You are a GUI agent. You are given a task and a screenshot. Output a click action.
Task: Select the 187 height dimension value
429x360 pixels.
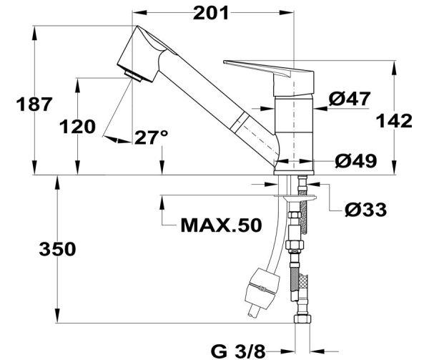tap(35, 104)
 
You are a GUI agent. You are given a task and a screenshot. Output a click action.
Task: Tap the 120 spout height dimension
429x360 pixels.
tap(77, 127)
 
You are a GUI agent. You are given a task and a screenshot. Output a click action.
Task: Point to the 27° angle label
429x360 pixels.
tap(151, 137)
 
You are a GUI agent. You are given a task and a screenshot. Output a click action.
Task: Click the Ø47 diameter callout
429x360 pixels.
tap(350, 99)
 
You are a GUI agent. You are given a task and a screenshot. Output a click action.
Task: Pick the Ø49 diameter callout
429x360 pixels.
tap(355, 161)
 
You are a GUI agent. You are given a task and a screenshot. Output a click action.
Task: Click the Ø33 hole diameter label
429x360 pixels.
tap(365, 210)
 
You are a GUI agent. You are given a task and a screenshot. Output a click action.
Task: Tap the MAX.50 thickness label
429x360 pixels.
tap(220, 225)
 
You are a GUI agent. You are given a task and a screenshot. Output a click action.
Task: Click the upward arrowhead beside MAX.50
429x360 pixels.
tap(164, 210)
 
